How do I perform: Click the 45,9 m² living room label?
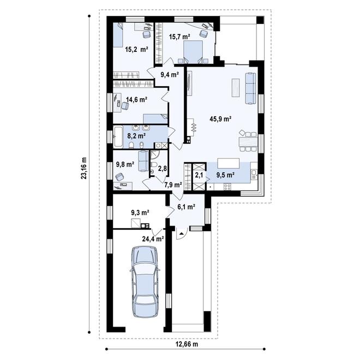click(220, 119)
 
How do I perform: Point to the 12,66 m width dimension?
click(187, 345)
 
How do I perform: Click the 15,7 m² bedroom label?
click(179, 37)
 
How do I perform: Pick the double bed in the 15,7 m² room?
click(193, 52)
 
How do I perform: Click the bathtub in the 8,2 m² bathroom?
click(118, 137)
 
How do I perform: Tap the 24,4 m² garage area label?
click(153, 239)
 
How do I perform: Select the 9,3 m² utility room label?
click(140, 212)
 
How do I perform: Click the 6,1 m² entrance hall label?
click(186, 207)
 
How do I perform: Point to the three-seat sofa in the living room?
click(250, 88)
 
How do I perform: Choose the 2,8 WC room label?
click(162, 168)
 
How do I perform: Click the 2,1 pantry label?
click(199, 175)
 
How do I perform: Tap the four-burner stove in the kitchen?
click(227, 187)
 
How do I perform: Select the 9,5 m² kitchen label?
click(225, 175)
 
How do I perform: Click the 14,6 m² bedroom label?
click(137, 99)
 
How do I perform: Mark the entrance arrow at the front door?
click(182, 234)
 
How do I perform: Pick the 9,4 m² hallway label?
click(170, 74)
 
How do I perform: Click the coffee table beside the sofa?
click(236, 88)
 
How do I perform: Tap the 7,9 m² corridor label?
click(173, 185)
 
